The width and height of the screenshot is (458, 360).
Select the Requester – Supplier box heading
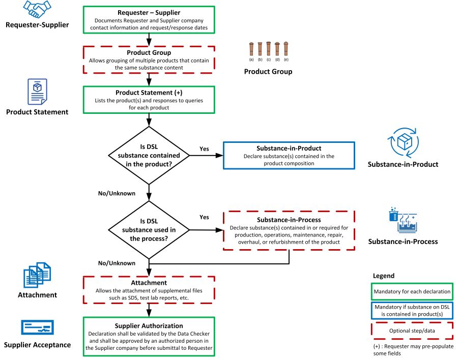click(149, 12)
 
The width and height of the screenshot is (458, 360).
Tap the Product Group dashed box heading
click(149, 52)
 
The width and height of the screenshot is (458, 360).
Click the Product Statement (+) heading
click(149, 93)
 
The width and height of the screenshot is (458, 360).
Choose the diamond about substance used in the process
click(149, 230)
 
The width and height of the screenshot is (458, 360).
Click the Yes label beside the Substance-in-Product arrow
click(204, 149)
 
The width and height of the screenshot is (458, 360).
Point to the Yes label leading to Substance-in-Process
click(204, 217)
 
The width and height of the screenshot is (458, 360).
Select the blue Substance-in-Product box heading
click(289, 148)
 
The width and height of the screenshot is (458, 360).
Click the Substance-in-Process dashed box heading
click(289, 219)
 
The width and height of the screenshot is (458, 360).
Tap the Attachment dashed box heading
click(149, 283)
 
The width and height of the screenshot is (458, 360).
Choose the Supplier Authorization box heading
click(149, 325)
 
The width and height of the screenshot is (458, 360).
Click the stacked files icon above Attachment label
click(37, 275)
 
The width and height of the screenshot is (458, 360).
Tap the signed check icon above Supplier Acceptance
click(37, 327)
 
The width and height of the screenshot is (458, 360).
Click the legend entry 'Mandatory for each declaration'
click(412, 291)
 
